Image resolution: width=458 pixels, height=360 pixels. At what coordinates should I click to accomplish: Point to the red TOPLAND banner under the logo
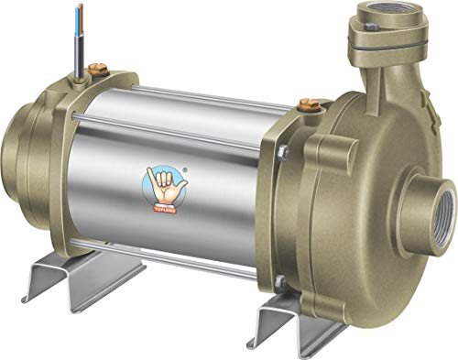click(x=164, y=207)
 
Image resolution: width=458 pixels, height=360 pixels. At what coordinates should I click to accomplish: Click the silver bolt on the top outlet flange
click(x=371, y=28)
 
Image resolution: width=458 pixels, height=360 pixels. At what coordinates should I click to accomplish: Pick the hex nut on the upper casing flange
click(x=283, y=152)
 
